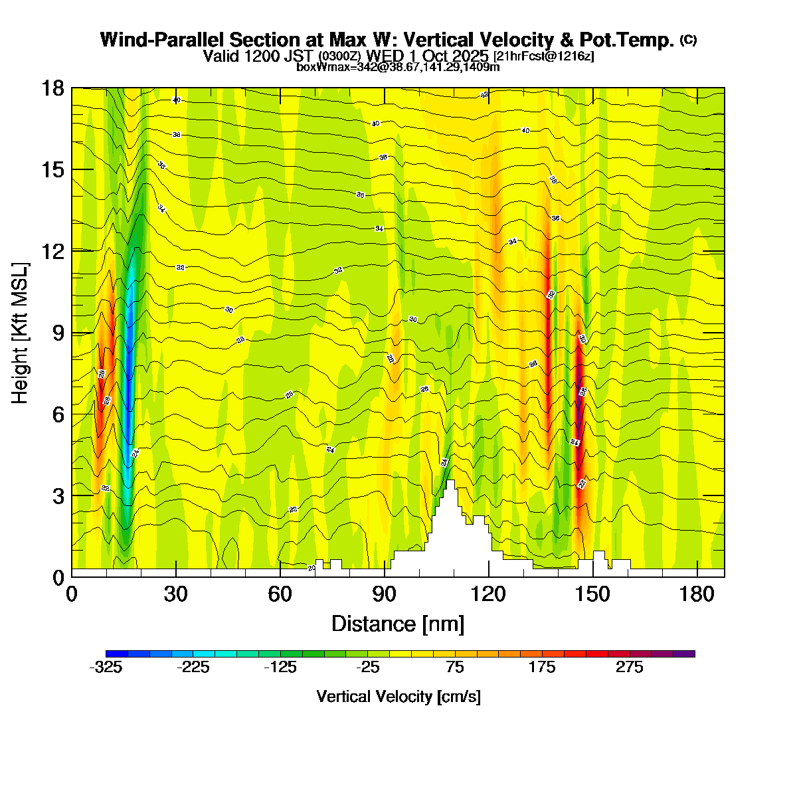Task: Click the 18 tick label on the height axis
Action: tap(53, 88)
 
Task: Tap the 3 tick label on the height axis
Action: tap(58, 496)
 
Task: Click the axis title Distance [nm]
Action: tap(397, 624)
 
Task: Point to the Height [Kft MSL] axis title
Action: tap(21, 332)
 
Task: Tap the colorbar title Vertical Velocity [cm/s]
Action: tap(398, 697)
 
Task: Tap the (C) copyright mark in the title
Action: tap(688, 40)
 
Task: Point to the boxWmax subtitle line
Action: tap(398, 67)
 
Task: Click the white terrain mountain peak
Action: tap(450, 482)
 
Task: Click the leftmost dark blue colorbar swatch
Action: tap(116, 654)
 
